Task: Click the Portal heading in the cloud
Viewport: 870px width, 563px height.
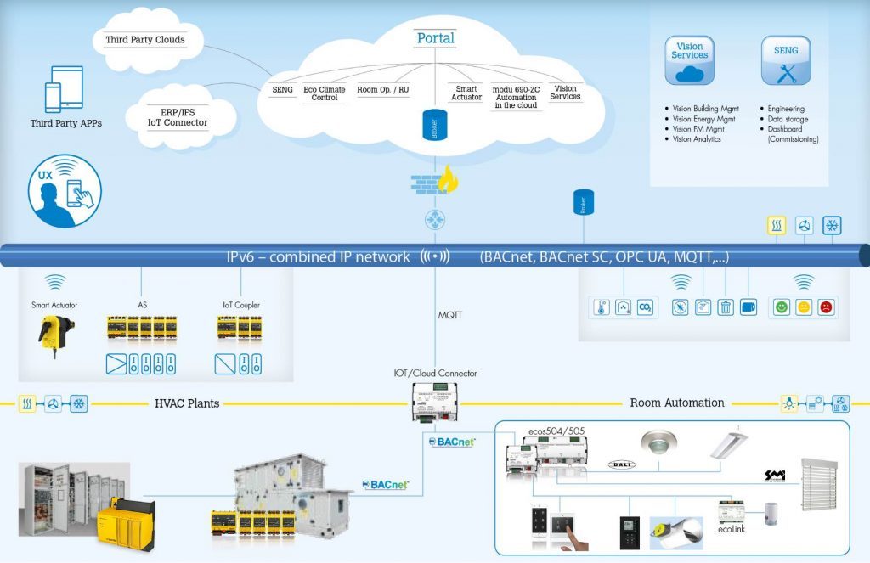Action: (x=435, y=38)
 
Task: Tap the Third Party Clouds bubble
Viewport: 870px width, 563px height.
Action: (x=144, y=40)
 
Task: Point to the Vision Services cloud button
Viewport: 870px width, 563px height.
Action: (x=689, y=59)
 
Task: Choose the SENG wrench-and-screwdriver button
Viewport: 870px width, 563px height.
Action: (x=786, y=59)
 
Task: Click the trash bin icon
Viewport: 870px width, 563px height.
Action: (x=726, y=307)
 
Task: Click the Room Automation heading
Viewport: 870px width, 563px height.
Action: (x=677, y=403)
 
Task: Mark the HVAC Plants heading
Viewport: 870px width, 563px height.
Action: (x=187, y=403)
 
